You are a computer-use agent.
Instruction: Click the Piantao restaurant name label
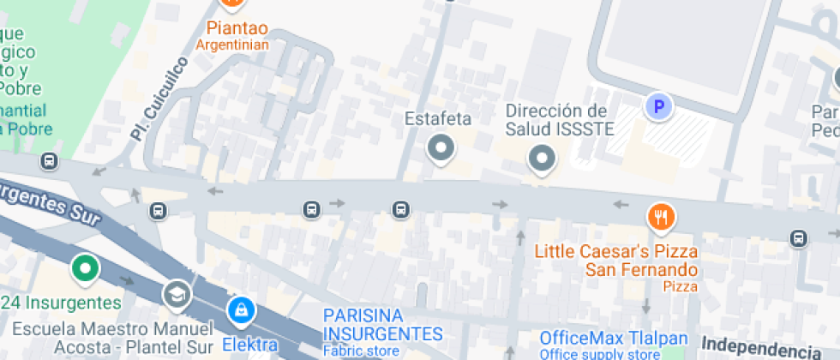pos(232,27)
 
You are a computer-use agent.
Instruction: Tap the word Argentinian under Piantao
pos(232,45)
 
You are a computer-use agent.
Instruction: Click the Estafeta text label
pos(438,118)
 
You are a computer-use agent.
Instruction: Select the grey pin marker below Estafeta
pos(441,148)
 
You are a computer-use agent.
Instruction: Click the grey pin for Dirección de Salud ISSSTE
pos(541,158)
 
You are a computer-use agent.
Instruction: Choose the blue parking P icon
pos(658,107)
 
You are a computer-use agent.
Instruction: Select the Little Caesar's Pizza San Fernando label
pos(616,261)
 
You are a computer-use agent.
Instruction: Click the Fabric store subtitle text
pos(361,351)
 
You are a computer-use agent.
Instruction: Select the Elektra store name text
pos(250,345)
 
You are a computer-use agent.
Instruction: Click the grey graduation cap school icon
pos(177,293)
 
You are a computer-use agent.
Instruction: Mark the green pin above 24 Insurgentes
pos(84,268)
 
